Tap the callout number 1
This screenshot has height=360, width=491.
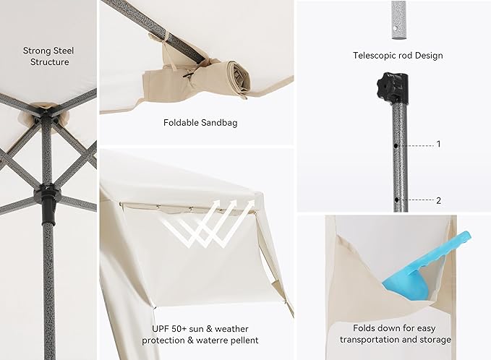click(x=439, y=144)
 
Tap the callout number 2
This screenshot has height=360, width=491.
click(x=439, y=200)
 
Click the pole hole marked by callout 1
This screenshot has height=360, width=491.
click(x=396, y=146)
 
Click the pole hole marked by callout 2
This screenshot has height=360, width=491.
click(x=397, y=200)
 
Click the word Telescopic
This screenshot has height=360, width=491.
click(x=374, y=56)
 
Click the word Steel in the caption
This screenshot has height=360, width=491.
click(x=64, y=51)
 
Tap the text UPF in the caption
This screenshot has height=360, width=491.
click(x=161, y=329)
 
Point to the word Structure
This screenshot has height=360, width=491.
click(x=49, y=62)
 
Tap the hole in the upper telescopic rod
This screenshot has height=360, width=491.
click(x=396, y=29)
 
